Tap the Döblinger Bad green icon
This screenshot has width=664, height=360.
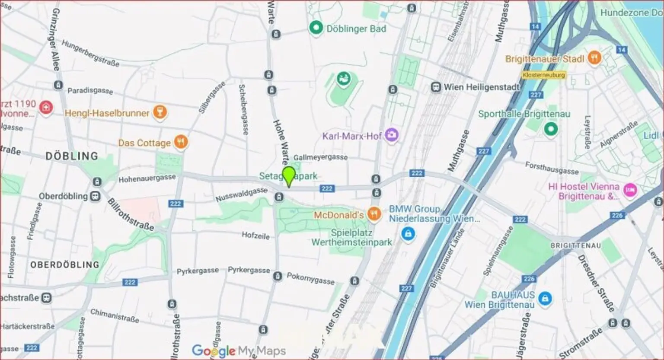coord(316,29)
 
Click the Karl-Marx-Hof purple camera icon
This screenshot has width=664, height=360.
coord(392,135)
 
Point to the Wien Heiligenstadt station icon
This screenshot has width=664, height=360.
coord(436,87)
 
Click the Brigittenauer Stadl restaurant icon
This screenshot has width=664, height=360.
coord(595,58)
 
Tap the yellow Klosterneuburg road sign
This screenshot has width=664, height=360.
coord(543,75)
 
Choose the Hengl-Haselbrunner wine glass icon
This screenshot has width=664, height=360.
coord(160,113)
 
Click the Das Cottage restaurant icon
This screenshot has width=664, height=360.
coord(181,142)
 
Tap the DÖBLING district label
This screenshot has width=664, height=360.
coord(72,156)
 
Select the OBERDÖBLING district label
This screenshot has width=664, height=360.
coord(64,264)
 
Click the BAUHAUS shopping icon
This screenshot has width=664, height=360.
coord(545,298)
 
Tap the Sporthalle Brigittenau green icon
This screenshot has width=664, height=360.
coord(550,128)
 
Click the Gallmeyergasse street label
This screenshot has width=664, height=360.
coord(320,157)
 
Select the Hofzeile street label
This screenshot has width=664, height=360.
coord(255,236)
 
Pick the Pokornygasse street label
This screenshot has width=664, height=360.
coord(310,279)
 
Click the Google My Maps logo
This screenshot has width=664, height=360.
coord(239,350)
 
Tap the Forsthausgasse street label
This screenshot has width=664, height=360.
coord(552,168)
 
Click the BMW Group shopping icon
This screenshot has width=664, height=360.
coord(407,234)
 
